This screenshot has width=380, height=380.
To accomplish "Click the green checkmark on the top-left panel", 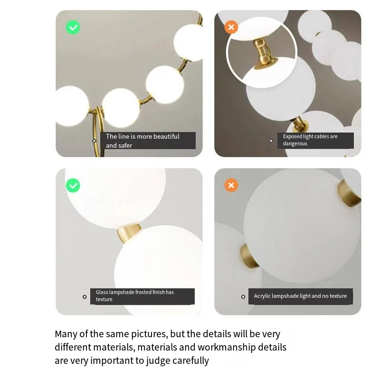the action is click(x=73, y=28).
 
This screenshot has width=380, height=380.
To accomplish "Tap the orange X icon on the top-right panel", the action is click(x=231, y=27).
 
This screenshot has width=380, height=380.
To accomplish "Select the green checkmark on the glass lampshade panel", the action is click(x=73, y=185).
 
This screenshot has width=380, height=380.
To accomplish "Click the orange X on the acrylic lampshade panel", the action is click(x=231, y=185).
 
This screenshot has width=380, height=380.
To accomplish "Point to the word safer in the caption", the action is click(x=125, y=145).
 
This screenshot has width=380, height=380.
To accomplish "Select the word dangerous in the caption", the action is click(x=295, y=143).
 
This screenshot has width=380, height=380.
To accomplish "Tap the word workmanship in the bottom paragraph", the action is click(x=227, y=347).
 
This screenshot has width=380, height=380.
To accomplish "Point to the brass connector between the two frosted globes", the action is click(x=128, y=233).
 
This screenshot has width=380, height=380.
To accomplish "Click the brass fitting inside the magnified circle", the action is click(x=264, y=53).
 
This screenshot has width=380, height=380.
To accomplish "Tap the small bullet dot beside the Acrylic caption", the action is click(x=243, y=297).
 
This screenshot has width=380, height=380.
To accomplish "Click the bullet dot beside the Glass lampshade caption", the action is click(x=85, y=297).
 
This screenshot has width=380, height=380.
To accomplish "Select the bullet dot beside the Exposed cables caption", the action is click(x=271, y=141).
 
